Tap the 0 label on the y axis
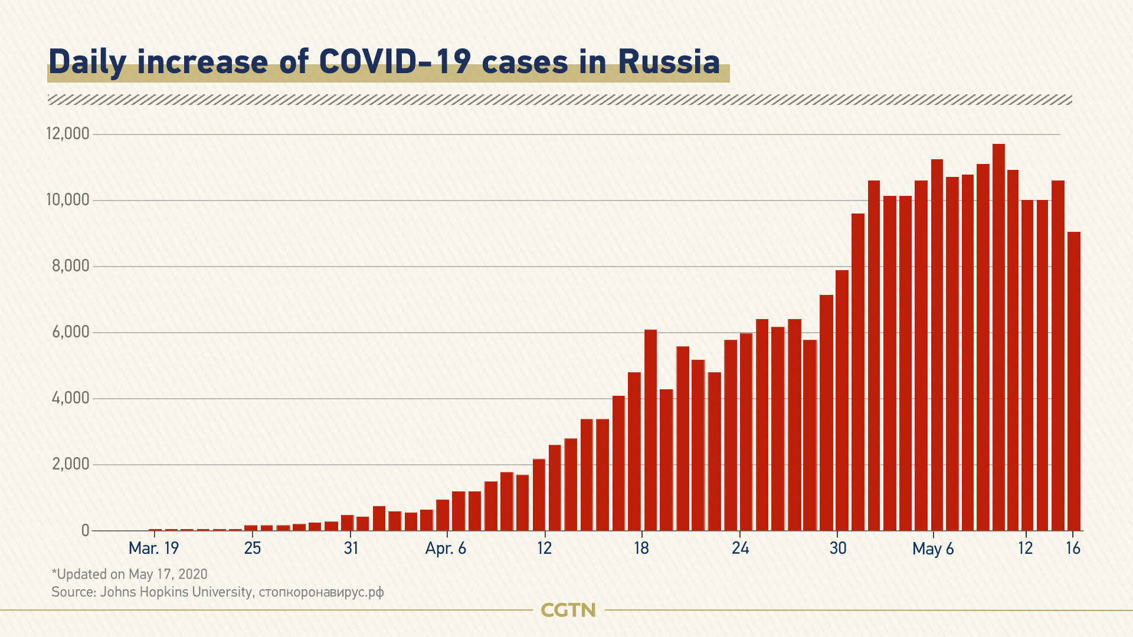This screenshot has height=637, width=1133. click(86, 530)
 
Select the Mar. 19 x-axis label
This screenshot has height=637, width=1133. click(153, 549)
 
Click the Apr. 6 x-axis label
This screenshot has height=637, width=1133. click(446, 549)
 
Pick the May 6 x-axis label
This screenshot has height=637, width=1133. click(933, 549)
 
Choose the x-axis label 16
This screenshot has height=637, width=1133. click(1073, 549)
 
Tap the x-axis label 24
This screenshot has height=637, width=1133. click(740, 549)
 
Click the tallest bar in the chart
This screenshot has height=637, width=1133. click(998, 336)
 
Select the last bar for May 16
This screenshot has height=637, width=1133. click(1074, 381)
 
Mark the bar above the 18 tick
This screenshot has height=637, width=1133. click(650, 431)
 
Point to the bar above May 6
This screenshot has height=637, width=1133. click(936, 345)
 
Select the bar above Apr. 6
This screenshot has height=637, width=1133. click(443, 515)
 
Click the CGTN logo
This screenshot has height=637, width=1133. click(568, 610)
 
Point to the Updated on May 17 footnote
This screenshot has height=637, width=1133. click(129, 574)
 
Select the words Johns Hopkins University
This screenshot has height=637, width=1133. click(176, 592)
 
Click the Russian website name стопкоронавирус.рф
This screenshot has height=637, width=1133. click(321, 592)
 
